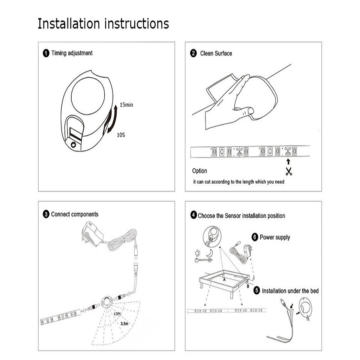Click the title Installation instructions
103,23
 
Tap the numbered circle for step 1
46,53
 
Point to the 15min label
126,105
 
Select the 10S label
120,134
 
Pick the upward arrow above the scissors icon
288,162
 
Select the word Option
199,171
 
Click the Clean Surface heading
216,53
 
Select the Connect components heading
75,214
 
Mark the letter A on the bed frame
224,279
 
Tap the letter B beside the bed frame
247,286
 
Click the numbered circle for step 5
256,291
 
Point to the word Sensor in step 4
233,216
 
